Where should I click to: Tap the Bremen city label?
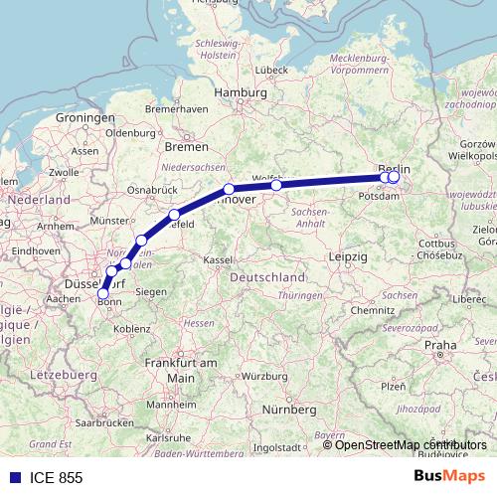click(x=187, y=145)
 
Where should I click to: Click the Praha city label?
click(x=439, y=345)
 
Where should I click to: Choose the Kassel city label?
click(x=218, y=259)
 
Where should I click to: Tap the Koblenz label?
click(x=131, y=328)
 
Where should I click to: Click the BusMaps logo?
click(x=448, y=477)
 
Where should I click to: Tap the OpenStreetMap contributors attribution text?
click(x=411, y=445)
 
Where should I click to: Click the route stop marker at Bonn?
click(x=102, y=293)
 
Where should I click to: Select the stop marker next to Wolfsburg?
click(x=276, y=185)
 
